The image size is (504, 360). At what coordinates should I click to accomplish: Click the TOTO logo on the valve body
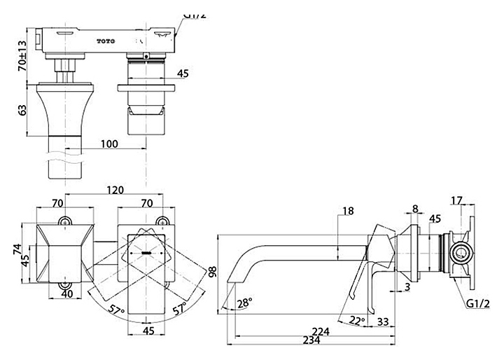tap(106, 41)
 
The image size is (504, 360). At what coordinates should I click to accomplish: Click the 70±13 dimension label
tap(22, 55)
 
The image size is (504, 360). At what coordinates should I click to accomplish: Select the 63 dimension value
tap(22, 111)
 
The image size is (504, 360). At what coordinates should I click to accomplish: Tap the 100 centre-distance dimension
tap(109, 144)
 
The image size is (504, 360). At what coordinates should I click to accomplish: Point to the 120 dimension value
tap(115, 190)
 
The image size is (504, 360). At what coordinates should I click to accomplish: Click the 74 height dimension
tap(17, 249)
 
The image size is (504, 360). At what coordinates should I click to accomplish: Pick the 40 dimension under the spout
tap(67, 293)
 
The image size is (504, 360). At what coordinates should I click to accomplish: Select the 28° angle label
tap(245, 303)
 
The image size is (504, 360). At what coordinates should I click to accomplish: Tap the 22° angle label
tap(358, 320)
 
